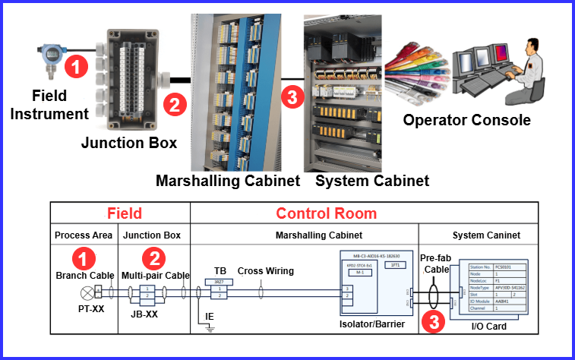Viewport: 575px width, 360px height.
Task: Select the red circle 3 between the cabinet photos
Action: [x=291, y=97]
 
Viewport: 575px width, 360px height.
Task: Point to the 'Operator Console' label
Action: [x=466, y=120]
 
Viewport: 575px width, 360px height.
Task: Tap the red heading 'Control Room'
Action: [x=326, y=213]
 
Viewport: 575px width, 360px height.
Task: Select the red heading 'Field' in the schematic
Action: [x=124, y=213]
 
